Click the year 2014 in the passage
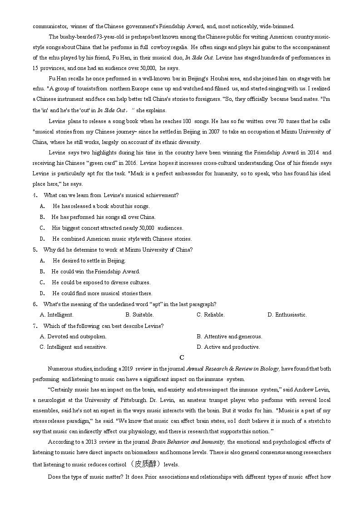point(313,153)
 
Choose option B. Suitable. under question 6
point(139,315)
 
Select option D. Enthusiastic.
point(287,315)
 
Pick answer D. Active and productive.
point(228,347)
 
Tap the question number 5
point(35,250)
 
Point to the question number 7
point(35,326)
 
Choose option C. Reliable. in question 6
point(210,315)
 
